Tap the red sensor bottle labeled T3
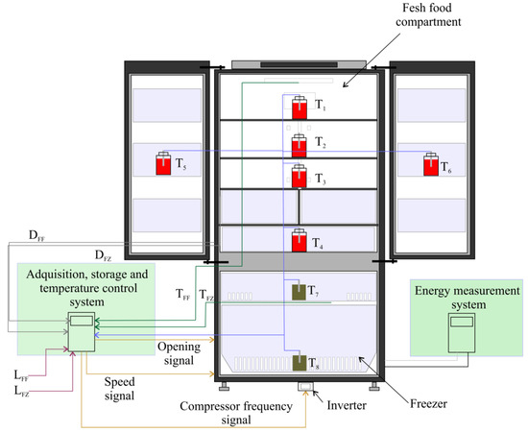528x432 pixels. [x=300, y=178]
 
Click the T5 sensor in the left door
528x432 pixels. [x=162, y=164]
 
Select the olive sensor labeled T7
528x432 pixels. [x=300, y=290]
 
